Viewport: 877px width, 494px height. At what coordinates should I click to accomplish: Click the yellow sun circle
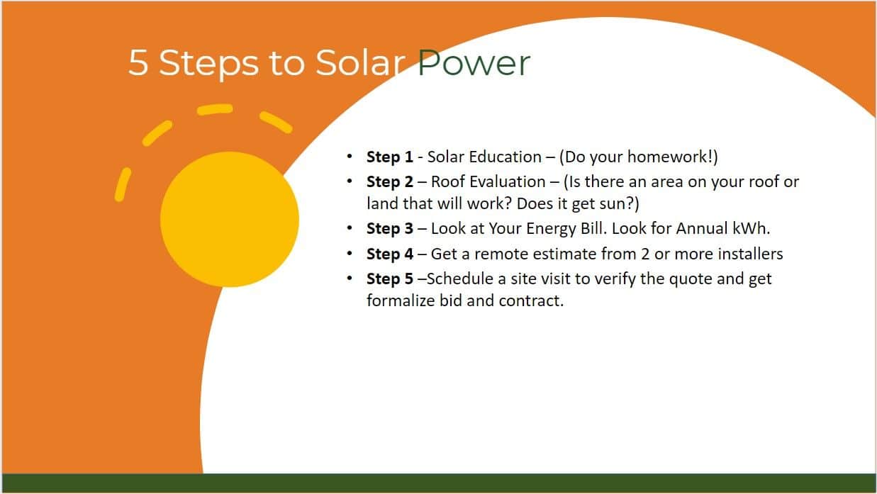230,219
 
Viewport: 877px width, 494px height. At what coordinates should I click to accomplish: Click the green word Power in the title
474,62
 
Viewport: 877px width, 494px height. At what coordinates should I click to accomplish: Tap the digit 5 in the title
138,62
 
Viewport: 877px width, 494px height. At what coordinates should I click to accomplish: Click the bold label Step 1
389,157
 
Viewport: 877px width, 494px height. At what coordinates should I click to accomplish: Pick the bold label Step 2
389,181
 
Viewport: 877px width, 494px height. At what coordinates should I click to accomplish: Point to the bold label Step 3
389,229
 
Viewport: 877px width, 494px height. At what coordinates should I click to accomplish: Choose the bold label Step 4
389,254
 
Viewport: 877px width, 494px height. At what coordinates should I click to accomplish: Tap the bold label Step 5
389,279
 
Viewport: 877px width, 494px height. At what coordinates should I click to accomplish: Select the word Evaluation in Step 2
508,181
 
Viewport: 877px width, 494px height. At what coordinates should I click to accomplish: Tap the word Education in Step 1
505,157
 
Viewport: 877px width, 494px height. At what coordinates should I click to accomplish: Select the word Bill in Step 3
593,229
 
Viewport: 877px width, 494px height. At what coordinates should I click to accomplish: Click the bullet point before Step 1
350,157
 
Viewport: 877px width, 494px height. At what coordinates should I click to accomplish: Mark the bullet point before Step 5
350,279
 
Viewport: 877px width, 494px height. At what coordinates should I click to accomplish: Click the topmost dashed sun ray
215,110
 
